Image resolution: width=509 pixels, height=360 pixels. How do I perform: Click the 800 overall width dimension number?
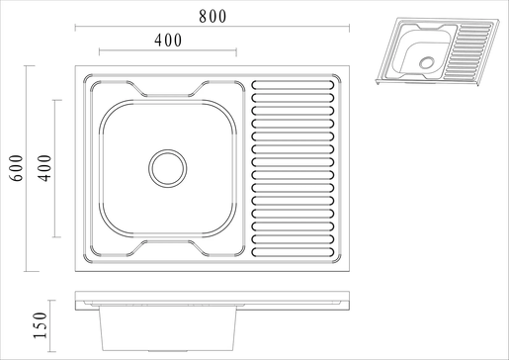212,17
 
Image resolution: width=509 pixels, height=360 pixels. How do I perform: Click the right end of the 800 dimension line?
349,29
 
